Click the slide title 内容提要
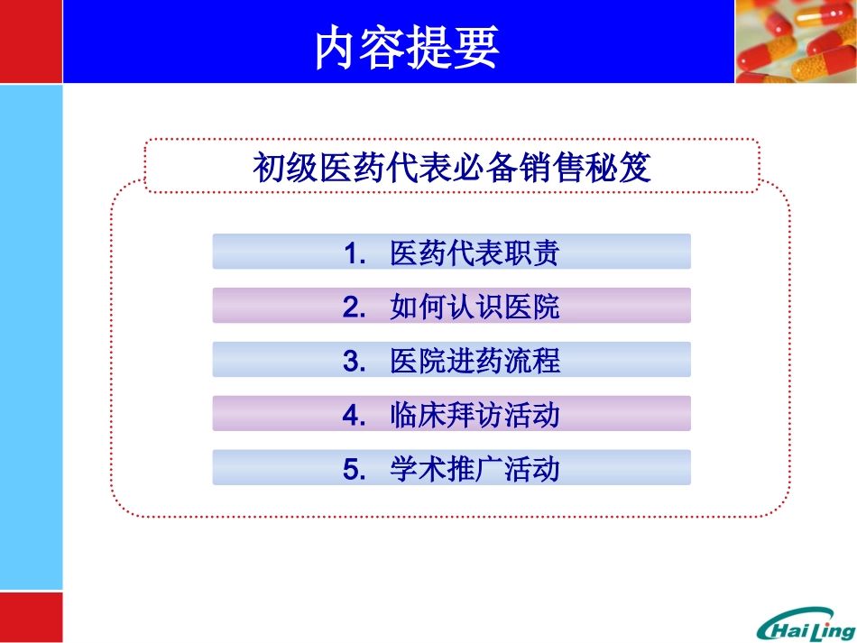(x=407, y=49)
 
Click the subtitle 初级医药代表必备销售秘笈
(x=451, y=169)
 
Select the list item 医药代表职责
(x=475, y=253)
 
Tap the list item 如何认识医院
(x=475, y=307)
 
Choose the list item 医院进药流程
(x=475, y=361)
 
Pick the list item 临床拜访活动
(x=475, y=415)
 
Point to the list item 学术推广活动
(x=475, y=469)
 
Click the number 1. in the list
(x=354, y=253)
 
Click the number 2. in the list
(x=354, y=307)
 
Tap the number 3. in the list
(x=354, y=361)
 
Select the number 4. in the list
(x=354, y=415)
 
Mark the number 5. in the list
(x=354, y=469)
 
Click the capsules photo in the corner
(x=795, y=41)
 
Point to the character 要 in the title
(x=476, y=49)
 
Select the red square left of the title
(x=31, y=41)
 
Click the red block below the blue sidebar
(x=31, y=617)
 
